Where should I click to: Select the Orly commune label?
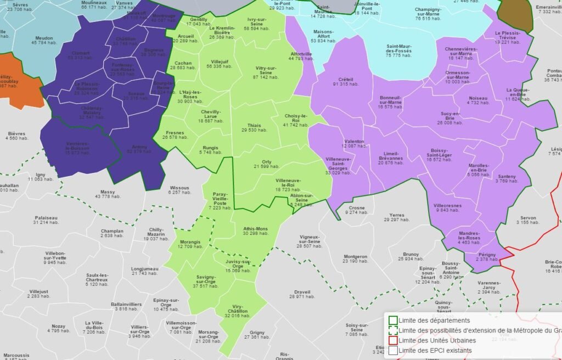(267, 161)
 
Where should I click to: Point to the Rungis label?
(210, 148)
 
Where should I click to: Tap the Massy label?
(108, 192)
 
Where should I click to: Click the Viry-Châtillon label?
(237, 308)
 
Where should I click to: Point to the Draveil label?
(302, 291)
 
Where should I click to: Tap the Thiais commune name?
(255, 125)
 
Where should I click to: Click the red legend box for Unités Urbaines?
(393, 340)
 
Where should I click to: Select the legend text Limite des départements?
(434, 320)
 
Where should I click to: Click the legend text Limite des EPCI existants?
(436, 350)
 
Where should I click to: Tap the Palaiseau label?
(46, 218)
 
